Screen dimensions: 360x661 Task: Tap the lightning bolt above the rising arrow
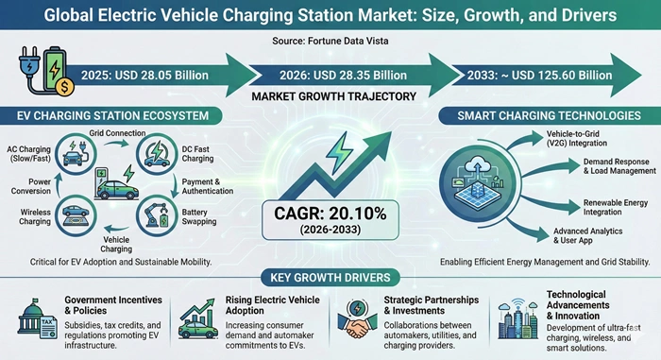337,149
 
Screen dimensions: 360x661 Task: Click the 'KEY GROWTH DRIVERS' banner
330,281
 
